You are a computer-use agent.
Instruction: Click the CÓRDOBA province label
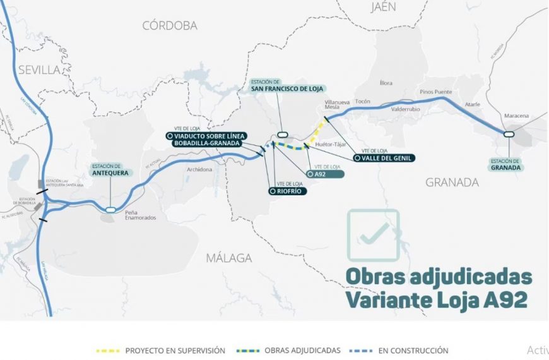[x=169, y=26]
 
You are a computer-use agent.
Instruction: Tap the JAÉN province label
[x=384, y=7]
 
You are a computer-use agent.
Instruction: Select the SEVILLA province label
[x=38, y=69]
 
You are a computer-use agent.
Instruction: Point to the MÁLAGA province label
[x=229, y=258]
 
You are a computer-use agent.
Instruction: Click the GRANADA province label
[x=452, y=183]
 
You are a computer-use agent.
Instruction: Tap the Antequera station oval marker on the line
[x=110, y=210]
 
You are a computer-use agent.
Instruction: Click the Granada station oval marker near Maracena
[x=508, y=133]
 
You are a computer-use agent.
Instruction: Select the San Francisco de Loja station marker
[x=281, y=134]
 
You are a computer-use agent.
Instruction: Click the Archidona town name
[x=200, y=169]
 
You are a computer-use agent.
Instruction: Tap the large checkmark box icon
[x=374, y=234]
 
